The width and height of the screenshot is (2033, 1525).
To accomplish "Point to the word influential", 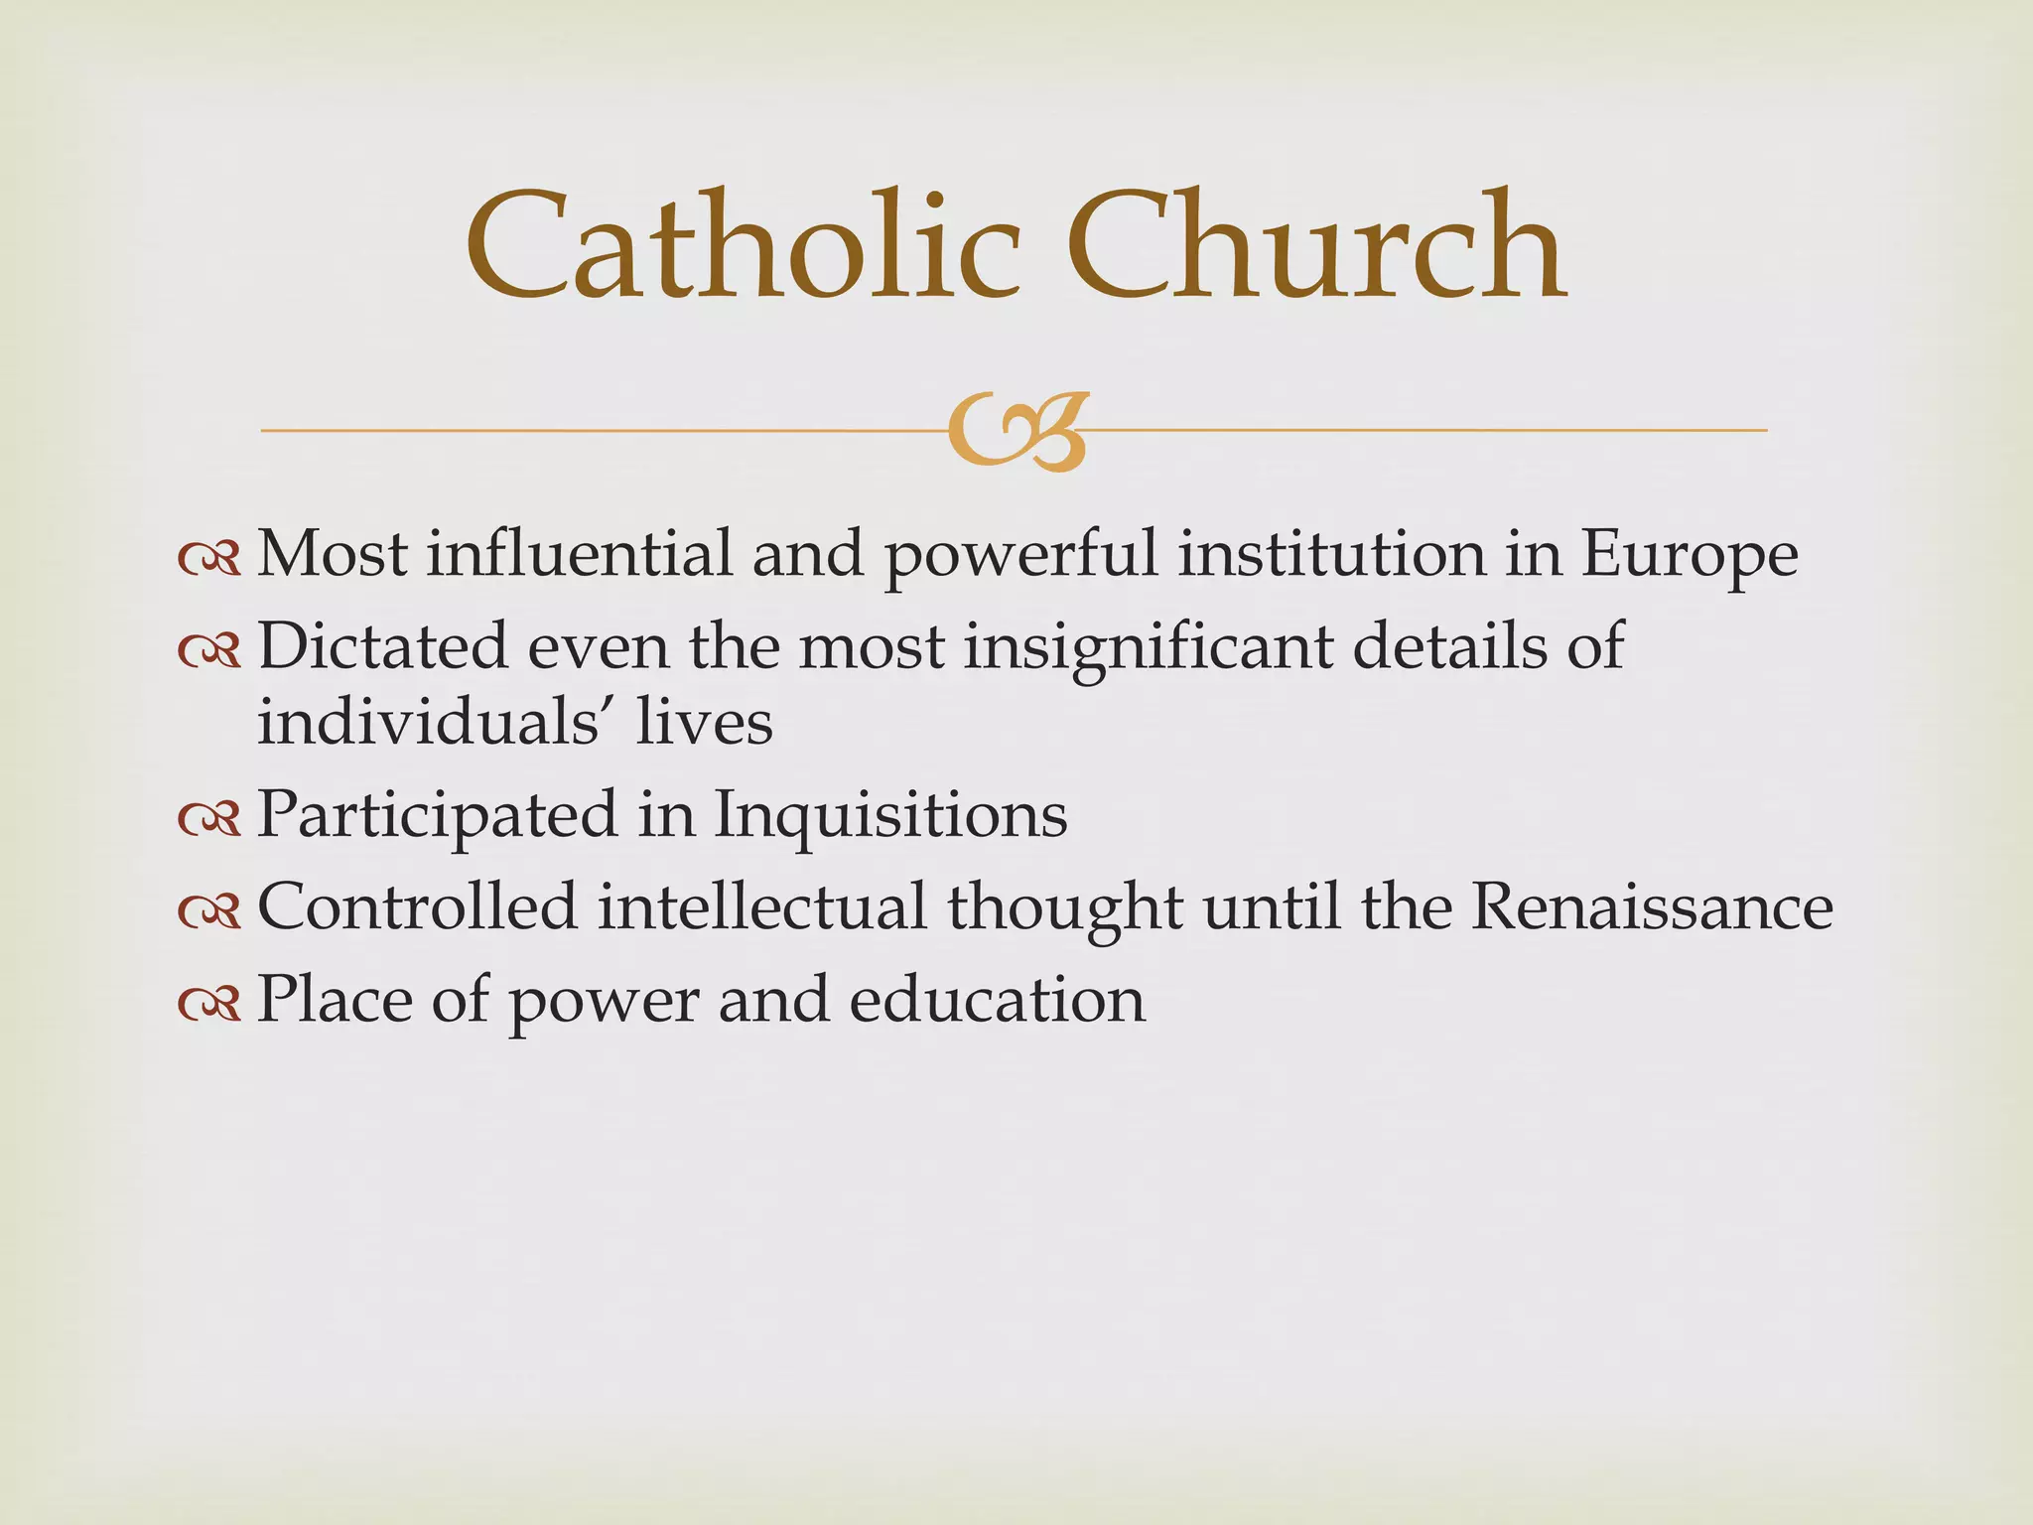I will coord(580,553).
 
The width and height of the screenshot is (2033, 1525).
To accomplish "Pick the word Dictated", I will coord(382,647).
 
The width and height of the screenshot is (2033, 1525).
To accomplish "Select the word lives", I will coord(705,722).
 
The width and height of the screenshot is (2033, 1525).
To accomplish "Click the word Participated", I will coord(437,816).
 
